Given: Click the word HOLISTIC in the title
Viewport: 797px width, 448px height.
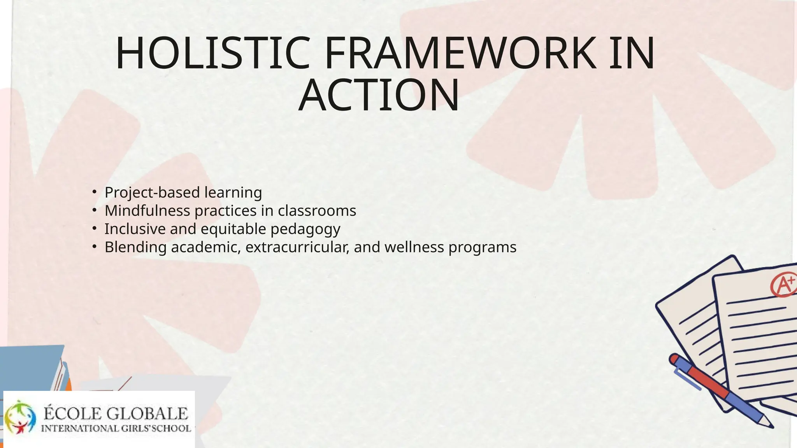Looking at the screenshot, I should coord(212,53).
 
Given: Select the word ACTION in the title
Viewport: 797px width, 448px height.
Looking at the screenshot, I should coord(379,96).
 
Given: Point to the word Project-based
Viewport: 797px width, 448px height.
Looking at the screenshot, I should coord(152,193).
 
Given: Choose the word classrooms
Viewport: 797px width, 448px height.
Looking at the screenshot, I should coord(317,211).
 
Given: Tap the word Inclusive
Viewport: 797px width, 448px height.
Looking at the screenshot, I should coord(135,229).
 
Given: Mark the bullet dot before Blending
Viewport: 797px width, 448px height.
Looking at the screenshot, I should coord(94,246).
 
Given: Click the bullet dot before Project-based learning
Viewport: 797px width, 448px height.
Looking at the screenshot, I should coord(94,192).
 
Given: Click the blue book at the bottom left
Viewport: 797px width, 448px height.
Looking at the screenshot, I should coord(29,366).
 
